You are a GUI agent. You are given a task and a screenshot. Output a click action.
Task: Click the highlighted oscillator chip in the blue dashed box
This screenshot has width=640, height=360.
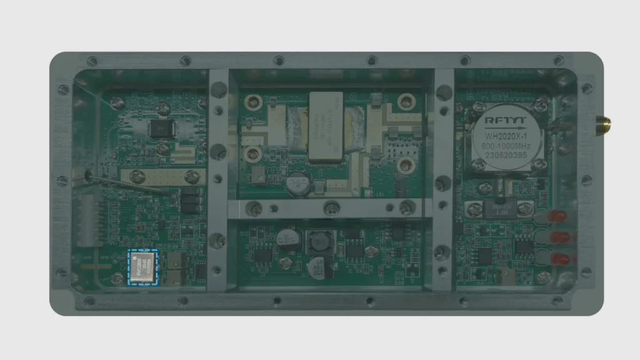pyautogui.click(x=143, y=267)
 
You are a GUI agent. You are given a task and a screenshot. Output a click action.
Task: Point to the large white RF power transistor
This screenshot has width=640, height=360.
pyautogui.click(x=326, y=127)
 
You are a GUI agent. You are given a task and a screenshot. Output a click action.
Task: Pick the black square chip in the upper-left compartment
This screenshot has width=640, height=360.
pyautogui.click(x=162, y=129)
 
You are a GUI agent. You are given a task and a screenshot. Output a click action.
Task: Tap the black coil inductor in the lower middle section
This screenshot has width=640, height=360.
pyautogui.click(x=320, y=242)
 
